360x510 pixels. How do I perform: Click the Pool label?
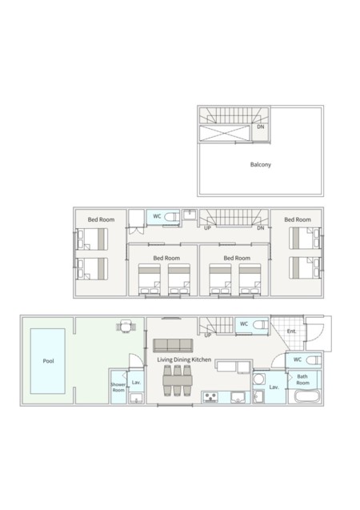click(49, 361)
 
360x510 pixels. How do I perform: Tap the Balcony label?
click(261, 165)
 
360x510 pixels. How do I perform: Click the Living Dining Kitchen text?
click(184, 359)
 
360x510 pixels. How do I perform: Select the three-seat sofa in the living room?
click(173, 345)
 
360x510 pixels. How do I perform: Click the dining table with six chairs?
click(177, 380)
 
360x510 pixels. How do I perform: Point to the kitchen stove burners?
click(210, 397)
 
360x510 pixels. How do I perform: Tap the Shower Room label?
click(118, 387)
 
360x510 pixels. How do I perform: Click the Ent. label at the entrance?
click(292, 331)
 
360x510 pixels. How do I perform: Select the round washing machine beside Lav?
click(259, 379)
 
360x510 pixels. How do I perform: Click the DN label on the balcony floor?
click(261, 126)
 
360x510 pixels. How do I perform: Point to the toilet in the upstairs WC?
click(171, 217)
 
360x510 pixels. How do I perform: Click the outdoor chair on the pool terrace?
click(126, 326)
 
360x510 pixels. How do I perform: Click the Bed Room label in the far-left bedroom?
click(101, 219)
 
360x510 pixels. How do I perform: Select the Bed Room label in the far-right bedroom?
click(298, 219)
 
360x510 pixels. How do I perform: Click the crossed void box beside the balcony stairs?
click(225, 134)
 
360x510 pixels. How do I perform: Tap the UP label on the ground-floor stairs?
click(208, 335)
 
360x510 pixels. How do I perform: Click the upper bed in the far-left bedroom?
click(92, 239)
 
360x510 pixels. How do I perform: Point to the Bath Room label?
click(302, 379)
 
